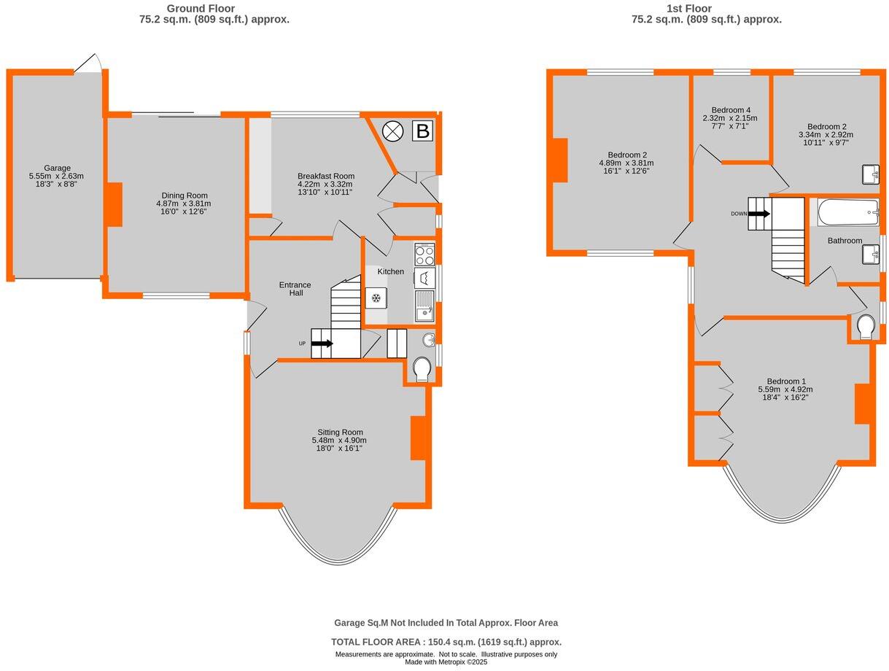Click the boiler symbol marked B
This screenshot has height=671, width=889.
422,131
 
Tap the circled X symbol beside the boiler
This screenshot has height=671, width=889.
393,131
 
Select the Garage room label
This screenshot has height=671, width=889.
56,168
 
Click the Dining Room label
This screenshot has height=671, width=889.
185,195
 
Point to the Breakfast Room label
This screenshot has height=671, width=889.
325,176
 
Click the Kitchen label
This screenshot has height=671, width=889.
390,271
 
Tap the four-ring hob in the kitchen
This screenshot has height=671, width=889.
424,254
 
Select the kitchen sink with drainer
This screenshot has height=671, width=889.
424,306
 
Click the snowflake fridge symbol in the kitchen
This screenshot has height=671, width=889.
376,298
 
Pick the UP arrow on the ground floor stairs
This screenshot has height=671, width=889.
322,344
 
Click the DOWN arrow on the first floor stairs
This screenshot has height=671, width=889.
758,214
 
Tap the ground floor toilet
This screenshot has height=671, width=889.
422,370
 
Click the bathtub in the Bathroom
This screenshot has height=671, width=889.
847,213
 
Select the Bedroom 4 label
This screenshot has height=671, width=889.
730,109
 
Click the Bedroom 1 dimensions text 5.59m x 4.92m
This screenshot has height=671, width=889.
785,389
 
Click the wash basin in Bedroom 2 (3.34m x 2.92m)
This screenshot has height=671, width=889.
870,175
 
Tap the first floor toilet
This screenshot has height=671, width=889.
866,327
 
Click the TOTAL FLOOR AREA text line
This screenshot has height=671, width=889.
446,642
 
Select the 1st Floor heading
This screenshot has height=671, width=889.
706,9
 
